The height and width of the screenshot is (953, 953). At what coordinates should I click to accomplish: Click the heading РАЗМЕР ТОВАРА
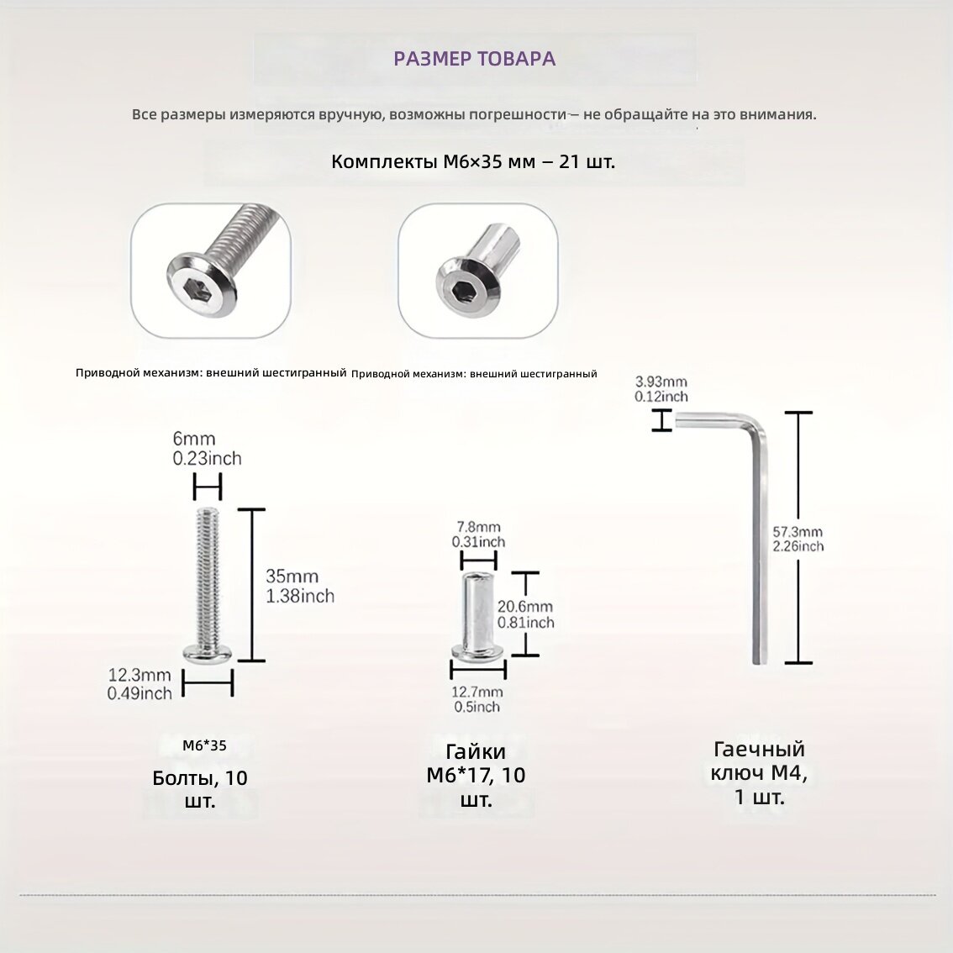pos(474,59)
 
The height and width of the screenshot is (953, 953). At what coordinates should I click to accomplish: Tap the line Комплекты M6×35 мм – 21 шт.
pos(473,161)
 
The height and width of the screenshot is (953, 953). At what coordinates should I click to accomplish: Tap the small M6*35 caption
pos(204,745)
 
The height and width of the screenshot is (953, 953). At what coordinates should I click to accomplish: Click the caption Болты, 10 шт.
pos(200,789)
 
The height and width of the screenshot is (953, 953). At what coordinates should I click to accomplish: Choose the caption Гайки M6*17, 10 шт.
pos(476,776)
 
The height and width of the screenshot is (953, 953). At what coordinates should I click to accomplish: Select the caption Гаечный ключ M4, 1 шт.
pos(759,773)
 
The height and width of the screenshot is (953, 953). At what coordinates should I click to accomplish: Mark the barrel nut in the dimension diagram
pos(478,616)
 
